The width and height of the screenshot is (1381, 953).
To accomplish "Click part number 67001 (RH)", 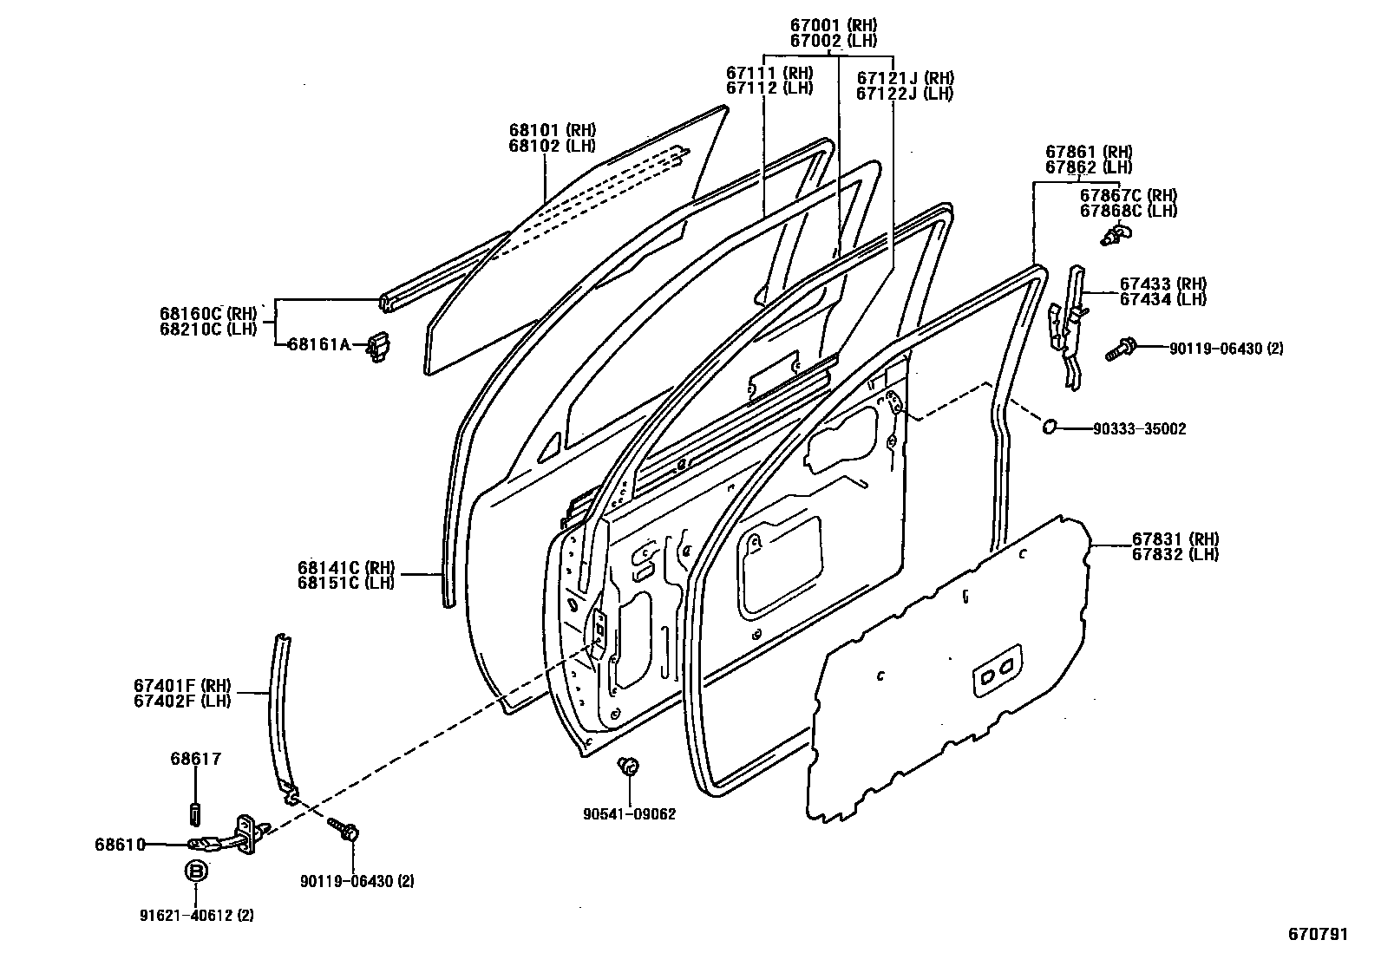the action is [x=834, y=25].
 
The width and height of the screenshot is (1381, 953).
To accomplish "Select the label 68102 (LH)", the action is [x=553, y=146].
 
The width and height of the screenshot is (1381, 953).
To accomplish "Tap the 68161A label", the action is [x=318, y=344].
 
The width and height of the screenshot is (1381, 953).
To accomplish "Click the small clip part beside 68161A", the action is [x=377, y=347].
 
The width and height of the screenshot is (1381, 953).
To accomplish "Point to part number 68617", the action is [x=195, y=759].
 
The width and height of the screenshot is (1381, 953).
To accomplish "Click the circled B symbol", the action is [x=196, y=871].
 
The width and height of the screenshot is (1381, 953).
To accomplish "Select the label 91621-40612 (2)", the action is [x=197, y=916].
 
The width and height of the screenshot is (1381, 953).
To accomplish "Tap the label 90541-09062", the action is [x=630, y=814].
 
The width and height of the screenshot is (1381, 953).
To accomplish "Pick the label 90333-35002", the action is [x=1139, y=429].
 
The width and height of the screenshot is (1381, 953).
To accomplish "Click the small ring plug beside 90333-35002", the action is [x=1050, y=425].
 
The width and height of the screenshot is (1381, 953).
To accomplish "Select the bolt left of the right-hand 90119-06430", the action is [x=1120, y=349].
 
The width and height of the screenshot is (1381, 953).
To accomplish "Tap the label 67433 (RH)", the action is [x=1162, y=284].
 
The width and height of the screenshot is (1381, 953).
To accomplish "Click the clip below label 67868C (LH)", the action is [x=1116, y=235].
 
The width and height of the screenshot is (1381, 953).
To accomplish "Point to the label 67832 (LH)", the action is [x=1175, y=554].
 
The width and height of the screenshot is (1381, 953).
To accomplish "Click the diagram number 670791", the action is [x=1318, y=934].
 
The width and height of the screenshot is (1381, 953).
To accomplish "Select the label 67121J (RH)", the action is [x=905, y=78].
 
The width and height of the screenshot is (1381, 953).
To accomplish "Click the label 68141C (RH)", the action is [x=346, y=567].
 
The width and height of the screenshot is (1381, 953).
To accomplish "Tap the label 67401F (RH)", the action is [x=182, y=685].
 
